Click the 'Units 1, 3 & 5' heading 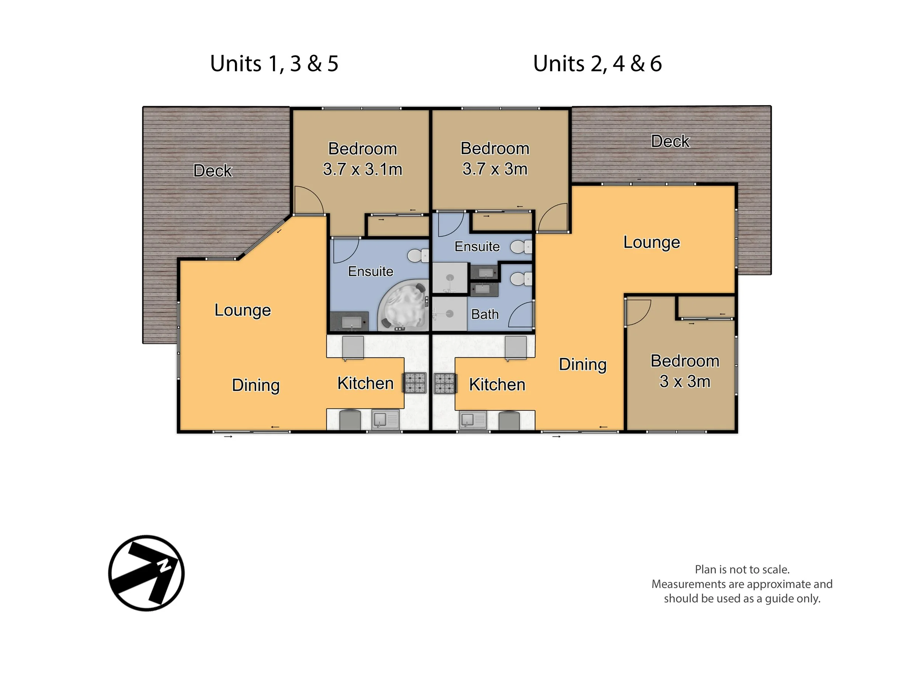tap(274, 64)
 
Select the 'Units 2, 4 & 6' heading tap(597, 64)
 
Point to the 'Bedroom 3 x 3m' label tap(685, 371)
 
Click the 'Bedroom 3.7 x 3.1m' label tap(363, 159)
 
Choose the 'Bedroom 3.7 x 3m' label tap(495, 159)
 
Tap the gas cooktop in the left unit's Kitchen tap(414, 383)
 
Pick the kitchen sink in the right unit tap(473, 420)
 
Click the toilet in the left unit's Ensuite tap(418, 256)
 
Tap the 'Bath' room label tap(485, 314)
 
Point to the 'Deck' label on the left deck tap(212, 171)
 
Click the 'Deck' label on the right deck tap(670, 141)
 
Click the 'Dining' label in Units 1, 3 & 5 tap(256, 385)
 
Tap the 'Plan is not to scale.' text tap(742, 569)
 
